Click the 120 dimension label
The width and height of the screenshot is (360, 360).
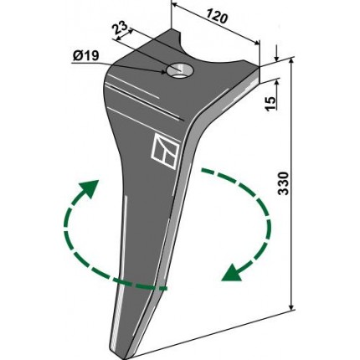click(218, 16)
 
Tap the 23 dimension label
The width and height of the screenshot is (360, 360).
click(120, 28)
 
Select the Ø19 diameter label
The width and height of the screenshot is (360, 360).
click(86, 56)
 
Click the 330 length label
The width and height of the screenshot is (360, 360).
click(283, 183)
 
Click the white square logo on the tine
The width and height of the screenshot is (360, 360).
click(165, 151)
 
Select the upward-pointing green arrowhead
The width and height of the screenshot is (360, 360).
click(90, 188)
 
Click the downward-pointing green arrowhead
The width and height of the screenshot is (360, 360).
click(232, 273)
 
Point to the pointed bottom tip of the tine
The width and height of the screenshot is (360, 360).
click(125, 357)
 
